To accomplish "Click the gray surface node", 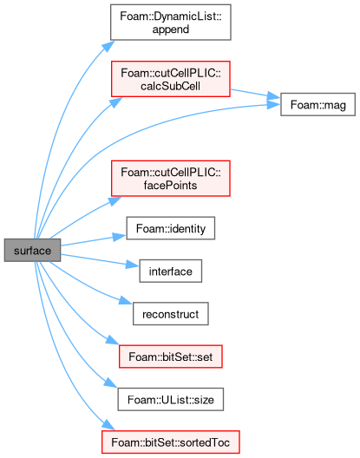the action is click(32, 251).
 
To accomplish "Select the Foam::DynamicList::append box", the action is click(171, 23).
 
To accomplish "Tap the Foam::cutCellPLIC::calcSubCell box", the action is click(171, 79).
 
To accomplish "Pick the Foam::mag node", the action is click(317, 105).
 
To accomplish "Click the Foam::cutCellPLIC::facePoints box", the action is click(171, 179).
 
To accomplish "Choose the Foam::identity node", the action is click(171, 228).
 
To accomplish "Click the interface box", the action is click(171, 272).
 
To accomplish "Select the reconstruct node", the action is click(171, 314).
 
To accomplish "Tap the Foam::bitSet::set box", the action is click(171, 357).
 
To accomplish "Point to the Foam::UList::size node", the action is click(171, 400).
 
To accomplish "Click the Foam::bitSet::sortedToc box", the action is click(171, 442).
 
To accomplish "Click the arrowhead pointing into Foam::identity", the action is click(120, 236).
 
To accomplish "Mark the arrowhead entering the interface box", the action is click(133, 265).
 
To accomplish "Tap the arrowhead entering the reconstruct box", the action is click(127, 301).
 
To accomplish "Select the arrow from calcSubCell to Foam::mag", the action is click(255, 94).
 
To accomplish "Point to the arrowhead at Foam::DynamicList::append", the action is click(108, 46).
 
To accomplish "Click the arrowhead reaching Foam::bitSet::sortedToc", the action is click(108, 425).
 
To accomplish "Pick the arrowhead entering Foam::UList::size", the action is click(111, 383).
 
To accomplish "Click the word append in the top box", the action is click(171, 29).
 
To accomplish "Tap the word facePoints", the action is click(171, 186).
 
